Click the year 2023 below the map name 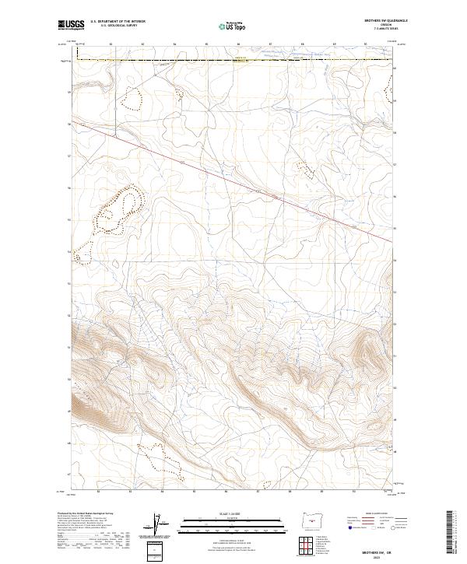377,556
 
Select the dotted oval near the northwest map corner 134,98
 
